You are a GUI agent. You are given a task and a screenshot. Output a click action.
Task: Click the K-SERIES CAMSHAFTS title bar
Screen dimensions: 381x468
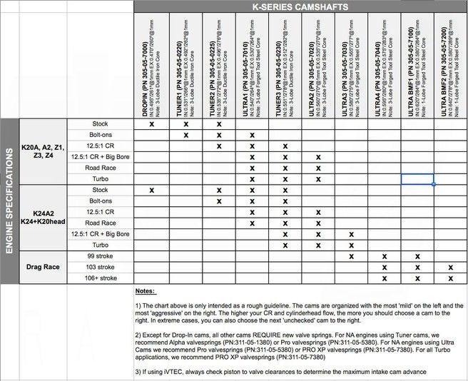300,6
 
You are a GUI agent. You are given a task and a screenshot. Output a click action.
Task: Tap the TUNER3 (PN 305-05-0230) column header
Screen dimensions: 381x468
285,64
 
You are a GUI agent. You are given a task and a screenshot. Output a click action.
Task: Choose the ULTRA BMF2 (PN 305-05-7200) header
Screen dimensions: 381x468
451,64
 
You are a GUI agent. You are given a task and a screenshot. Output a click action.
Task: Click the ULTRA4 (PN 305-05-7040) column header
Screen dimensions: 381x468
384,64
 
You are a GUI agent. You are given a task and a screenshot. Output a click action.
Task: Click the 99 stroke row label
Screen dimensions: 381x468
100,255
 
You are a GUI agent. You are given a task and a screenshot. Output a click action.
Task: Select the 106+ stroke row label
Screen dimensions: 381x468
100,278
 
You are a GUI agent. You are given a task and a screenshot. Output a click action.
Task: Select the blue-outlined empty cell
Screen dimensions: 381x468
417,179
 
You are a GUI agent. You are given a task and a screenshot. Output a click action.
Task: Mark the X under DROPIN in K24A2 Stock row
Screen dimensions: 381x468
152,190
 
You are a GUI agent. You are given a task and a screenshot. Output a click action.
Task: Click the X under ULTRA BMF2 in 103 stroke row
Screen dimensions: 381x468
451,267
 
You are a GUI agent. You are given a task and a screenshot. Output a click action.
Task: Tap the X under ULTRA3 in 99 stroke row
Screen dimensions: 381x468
351,255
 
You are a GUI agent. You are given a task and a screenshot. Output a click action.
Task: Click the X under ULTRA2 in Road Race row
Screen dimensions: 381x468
317,168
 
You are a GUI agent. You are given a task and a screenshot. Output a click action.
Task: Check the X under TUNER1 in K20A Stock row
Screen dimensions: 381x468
185,124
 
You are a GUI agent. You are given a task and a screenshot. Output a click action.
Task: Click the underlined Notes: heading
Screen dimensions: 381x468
146,291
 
